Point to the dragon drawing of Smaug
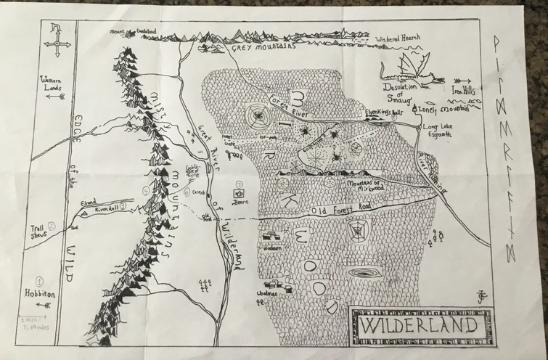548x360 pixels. pos(409,69)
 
